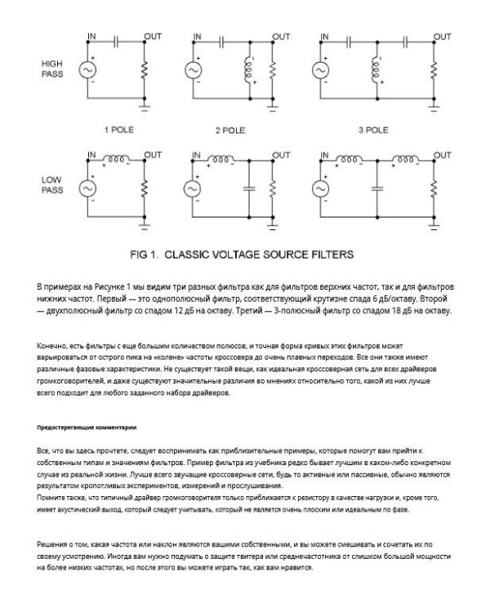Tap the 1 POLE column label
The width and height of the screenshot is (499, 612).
pos(117,129)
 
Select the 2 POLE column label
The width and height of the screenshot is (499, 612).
pos(229,129)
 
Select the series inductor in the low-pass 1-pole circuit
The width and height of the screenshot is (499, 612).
pos(117,157)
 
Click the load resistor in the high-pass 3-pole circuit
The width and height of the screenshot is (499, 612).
pos(430,71)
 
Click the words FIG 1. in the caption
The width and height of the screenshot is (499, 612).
pos(146,255)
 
